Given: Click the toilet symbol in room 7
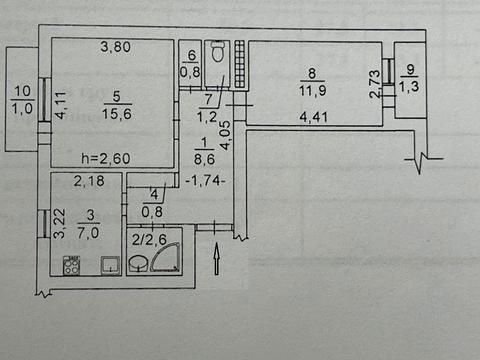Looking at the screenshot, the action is point(218,52).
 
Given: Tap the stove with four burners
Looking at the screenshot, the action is point(71,265).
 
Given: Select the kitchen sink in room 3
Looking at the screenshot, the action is point(110,265).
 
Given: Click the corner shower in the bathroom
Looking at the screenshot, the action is point(165,257).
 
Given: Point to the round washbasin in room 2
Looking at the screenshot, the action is point(138,263).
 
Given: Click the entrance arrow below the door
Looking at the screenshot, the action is point(217,258).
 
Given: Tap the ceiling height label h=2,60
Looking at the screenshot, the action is point(106,158).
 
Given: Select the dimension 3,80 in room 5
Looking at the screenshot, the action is point(115,47).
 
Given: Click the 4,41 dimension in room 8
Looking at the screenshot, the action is point(313,117).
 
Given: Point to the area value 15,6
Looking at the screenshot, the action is point(117,114).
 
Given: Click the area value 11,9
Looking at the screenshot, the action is point(312,90).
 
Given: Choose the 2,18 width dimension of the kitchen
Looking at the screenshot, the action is point(89,181).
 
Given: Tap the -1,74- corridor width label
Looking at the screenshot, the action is point(205,181).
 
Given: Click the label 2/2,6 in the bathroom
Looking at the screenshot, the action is point(149,239).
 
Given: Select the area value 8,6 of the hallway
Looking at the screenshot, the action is point(204,159).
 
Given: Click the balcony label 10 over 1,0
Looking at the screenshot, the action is point(22,99).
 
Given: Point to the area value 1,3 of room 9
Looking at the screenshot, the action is point(409,87).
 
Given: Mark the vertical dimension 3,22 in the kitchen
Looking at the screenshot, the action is point(60,223).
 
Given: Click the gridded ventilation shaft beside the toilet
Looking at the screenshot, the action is point(239,64).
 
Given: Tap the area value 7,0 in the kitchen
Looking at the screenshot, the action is point(88,232).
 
